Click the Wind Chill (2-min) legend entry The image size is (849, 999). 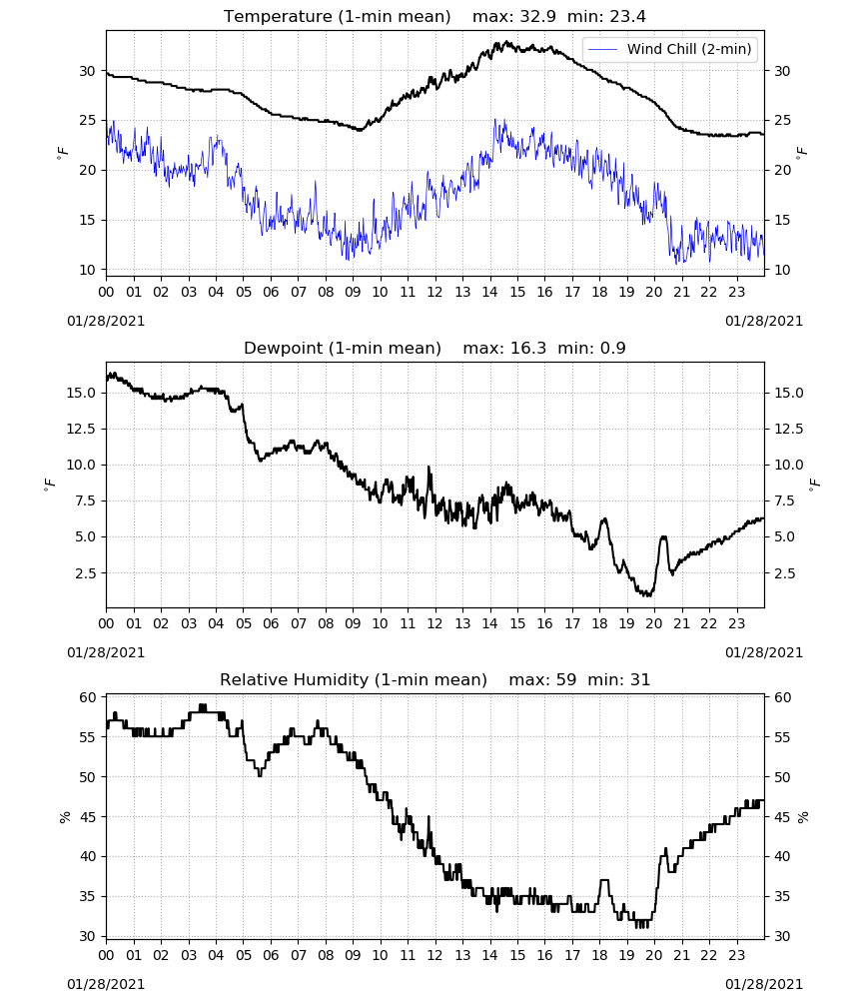click(x=670, y=49)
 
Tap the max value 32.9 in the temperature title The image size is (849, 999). click(x=538, y=16)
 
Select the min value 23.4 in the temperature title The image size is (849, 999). click(x=628, y=16)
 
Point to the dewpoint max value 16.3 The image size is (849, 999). click(x=528, y=348)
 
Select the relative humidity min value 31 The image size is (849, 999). click(x=640, y=679)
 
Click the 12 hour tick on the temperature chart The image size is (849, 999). click(x=434, y=292)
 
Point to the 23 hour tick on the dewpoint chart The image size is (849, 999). click(x=736, y=623)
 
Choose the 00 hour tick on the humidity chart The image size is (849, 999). click(x=106, y=956)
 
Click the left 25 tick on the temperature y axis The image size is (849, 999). click(x=87, y=121)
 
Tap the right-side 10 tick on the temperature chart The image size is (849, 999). click(x=781, y=270)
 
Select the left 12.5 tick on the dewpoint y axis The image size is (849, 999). click(x=81, y=429)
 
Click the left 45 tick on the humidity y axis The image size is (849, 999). click(x=87, y=817)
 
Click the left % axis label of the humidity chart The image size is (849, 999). click(x=64, y=817)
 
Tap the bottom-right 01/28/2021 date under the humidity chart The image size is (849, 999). click(x=764, y=984)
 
